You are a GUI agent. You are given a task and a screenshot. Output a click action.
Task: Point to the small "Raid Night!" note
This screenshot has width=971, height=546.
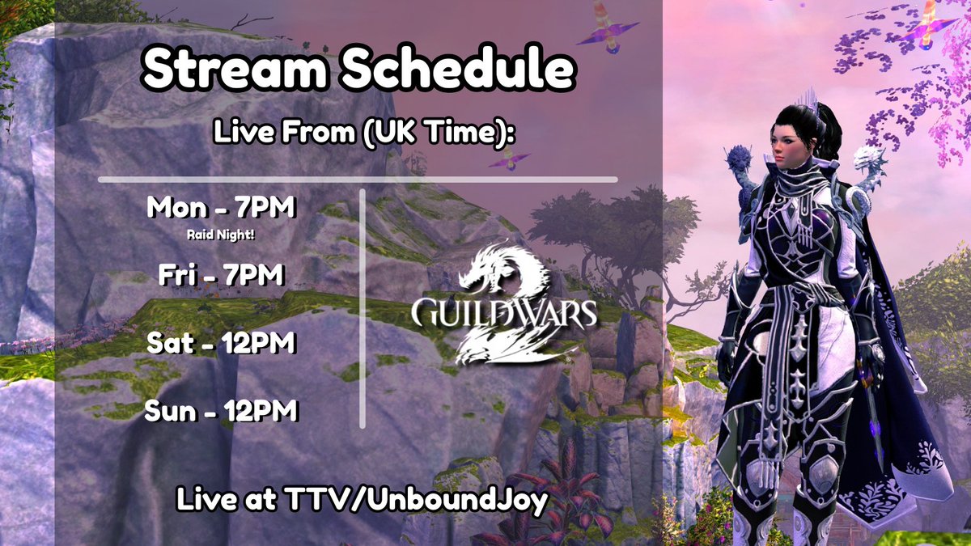tap(221, 236)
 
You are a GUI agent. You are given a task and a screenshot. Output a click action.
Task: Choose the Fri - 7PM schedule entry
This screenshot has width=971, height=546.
tap(221, 277)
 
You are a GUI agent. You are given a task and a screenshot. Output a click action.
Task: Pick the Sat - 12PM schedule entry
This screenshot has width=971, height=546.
tap(221, 345)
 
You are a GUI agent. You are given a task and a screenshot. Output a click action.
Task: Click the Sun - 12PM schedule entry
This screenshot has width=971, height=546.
tap(221, 413)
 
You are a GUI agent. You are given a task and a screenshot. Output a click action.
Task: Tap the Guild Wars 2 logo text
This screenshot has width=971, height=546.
tap(504, 311)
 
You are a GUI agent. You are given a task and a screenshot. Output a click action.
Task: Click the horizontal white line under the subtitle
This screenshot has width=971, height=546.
tap(357, 179)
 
